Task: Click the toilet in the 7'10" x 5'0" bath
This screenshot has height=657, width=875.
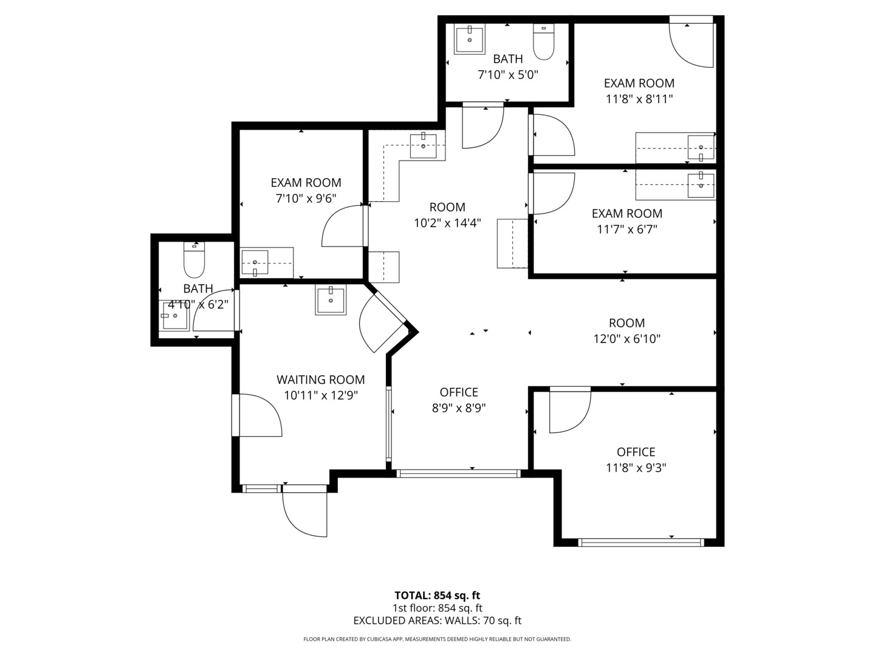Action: pyautogui.click(x=543, y=42)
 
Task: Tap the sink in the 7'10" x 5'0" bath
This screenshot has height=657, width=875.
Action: pyautogui.click(x=470, y=39)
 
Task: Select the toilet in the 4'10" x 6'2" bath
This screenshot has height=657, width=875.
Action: pyautogui.click(x=194, y=260)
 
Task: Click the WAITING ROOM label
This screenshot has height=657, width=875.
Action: pyautogui.click(x=320, y=380)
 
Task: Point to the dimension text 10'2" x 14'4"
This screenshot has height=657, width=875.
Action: pyautogui.click(x=447, y=223)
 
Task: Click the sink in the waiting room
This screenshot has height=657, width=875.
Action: pyautogui.click(x=331, y=299)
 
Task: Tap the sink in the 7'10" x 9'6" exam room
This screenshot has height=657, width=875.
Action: pyautogui.click(x=255, y=262)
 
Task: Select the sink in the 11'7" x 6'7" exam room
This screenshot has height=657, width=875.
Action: pyautogui.click(x=701, y=185)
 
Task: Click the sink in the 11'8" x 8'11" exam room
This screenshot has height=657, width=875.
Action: pyautogui.click(x=701, y=148)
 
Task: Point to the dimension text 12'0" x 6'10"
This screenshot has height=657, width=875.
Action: pyautogui.click(x=626, y=339)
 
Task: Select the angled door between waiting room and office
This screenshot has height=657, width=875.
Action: pyautogui.click(x=383, y=323)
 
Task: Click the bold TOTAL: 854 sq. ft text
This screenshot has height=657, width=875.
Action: pyautogui.click(x=437, y=596)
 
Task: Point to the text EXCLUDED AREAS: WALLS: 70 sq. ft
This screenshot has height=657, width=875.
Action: pyautogui.click(x=437, y=620)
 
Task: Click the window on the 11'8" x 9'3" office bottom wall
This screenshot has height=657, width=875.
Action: pyautogui.click(x=641, y=542)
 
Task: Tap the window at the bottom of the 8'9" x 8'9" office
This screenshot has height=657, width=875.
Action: pyautogui.click(x=458, y=473)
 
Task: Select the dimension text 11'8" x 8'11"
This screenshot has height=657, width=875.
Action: pyautogui.click(x=639, y=99)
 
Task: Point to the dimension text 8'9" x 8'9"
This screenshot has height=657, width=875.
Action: pyautogui.click(x=459, y=408)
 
